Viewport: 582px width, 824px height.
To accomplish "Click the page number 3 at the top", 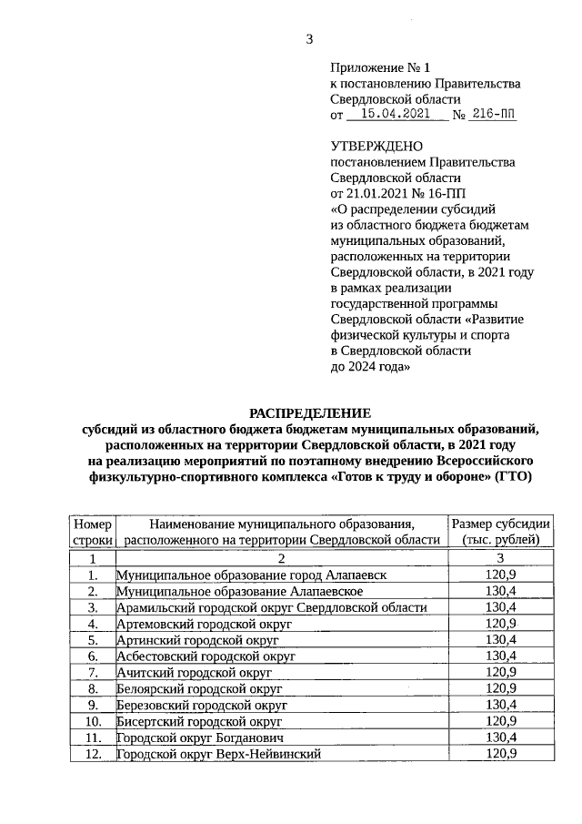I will coord(308,39).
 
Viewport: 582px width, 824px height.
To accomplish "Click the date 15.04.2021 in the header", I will coord(396,115).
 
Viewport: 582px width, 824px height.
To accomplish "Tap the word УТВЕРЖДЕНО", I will coord(376,146).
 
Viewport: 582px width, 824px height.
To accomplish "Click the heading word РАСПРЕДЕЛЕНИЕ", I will coord(310,412).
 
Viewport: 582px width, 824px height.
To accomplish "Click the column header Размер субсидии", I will coord(500,524).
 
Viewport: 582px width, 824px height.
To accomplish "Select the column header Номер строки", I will coord(92,532).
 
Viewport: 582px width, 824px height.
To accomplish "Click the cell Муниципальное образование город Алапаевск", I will coord(251,575).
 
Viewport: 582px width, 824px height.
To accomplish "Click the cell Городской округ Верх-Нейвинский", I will coord(218,753).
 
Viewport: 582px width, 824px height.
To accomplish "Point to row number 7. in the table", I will coord(92,672).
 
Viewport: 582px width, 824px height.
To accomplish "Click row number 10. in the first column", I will coord(92,720).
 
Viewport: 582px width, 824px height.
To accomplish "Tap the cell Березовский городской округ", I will coord(202,705).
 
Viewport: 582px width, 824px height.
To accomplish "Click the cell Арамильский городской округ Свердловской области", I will coord(272,607).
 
